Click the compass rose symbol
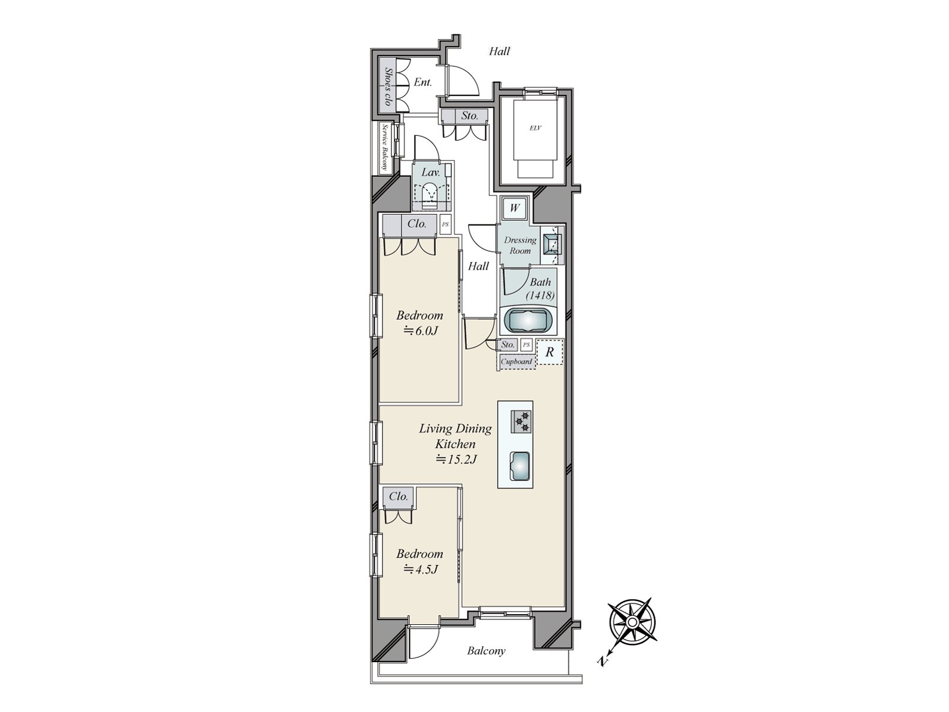click(x=632, y=622)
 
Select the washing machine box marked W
click(x=514, y=208)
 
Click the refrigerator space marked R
click(x=550, y=352)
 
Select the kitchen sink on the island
click(x=520, y=466)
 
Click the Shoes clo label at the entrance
click(x=388, y=87)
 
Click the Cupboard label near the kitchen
click(x=517, y=361)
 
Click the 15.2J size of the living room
click(x=456, y=459)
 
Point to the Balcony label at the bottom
click(x=486, y=651)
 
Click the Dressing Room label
click(x=520, y=245)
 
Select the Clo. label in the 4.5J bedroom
click(x=399, y=496)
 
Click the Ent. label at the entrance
click(x=422, y=82)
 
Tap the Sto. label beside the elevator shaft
click(x=470, y=116)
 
